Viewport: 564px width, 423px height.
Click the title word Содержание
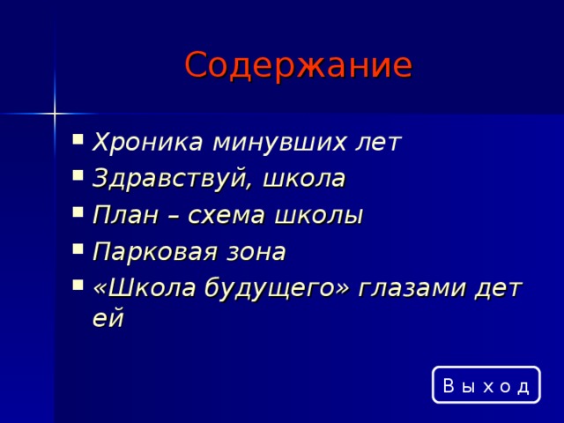298,65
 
